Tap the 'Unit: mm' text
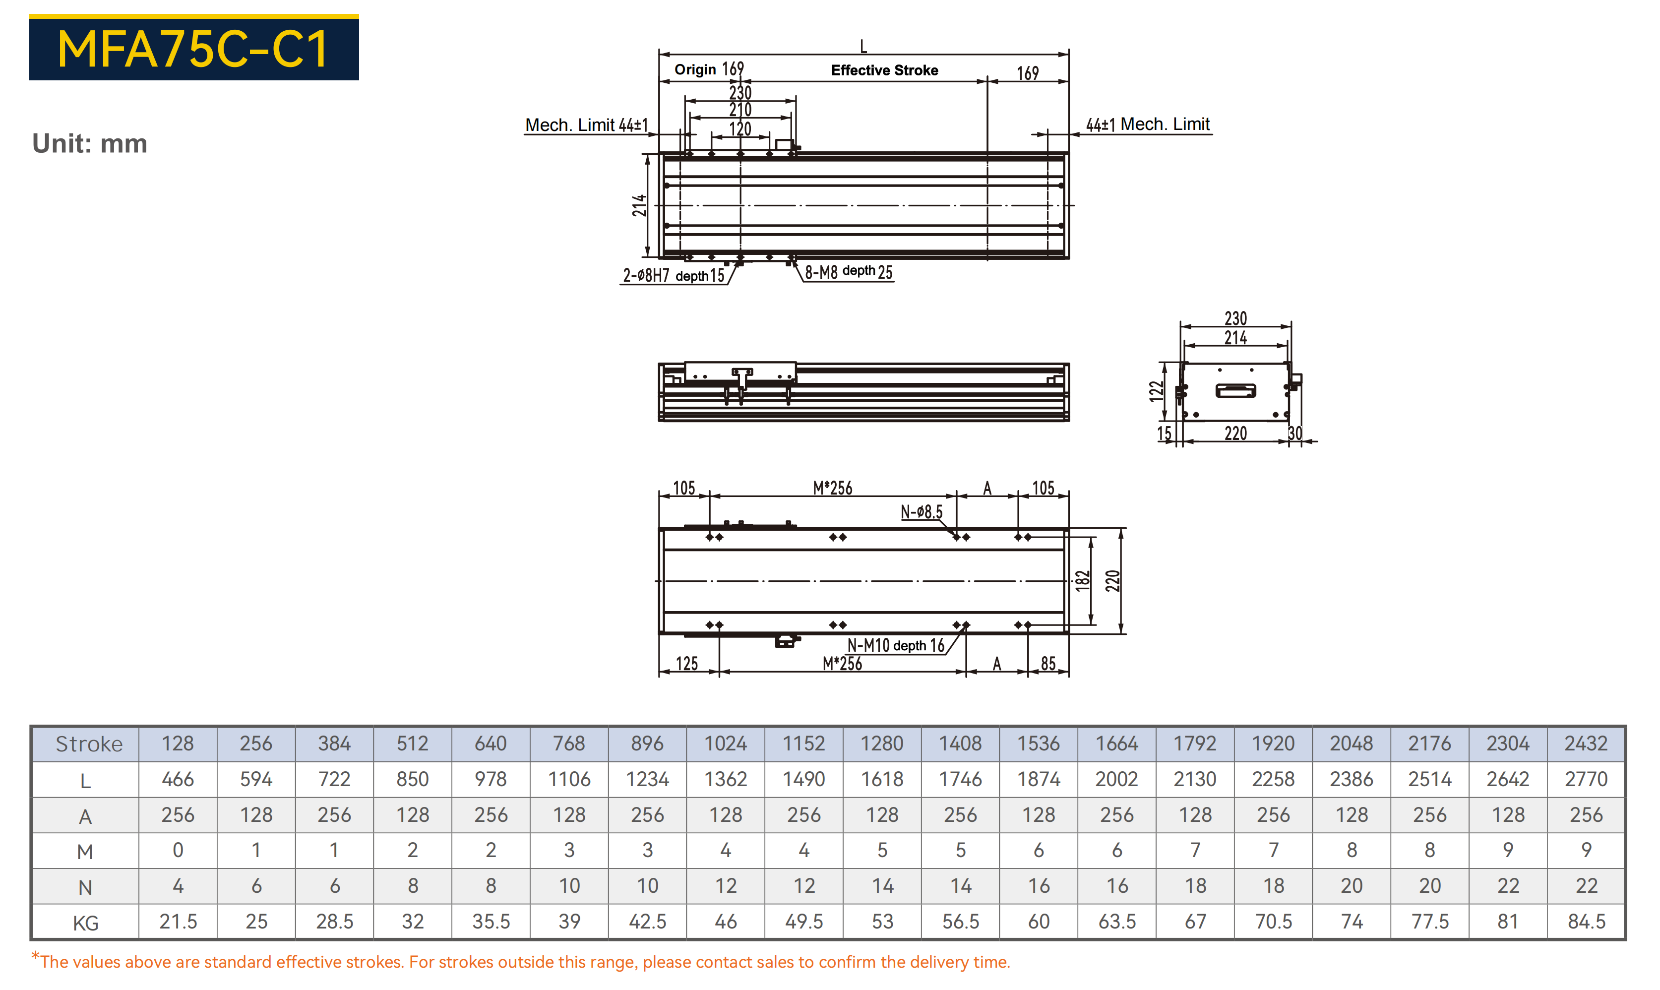(x=90, y=143)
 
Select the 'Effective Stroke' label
(x=884, y=70)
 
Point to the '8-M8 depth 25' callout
(x=848, y=271)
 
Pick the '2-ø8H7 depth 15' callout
(x=674, y=275)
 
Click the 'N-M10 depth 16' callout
(x=896, y=645)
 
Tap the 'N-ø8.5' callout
(x=922, y=512)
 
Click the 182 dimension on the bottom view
(x=1082, y=580)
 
